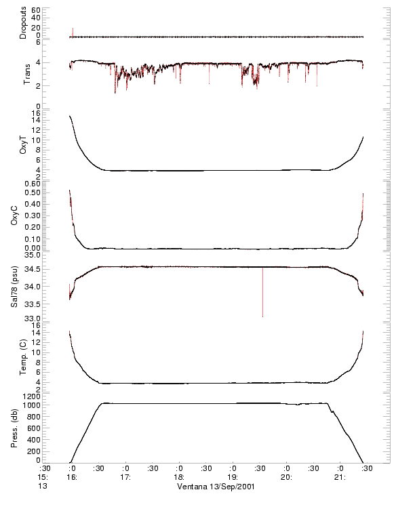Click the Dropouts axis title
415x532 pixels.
23,23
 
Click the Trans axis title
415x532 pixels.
26,73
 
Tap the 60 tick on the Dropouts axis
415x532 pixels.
36,10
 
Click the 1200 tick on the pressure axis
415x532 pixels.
32,395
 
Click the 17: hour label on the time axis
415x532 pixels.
125,477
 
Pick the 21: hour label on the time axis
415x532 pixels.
340,477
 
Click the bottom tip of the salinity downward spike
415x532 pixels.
263,316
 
